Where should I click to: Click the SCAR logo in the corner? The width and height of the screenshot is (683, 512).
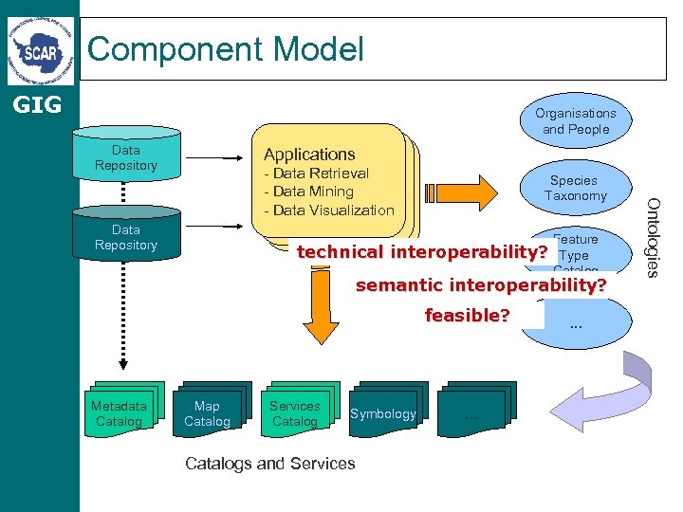[x=39, y=49]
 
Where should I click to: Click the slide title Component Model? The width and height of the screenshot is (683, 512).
[x=226, y=48]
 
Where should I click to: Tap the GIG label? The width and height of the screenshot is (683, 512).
[x=36, y=104]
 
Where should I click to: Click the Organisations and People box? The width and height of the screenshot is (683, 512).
[x=576, y=121]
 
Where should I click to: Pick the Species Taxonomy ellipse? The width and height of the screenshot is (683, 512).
[x=575, y=188]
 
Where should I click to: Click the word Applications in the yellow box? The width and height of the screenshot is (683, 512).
[x=309, y=154]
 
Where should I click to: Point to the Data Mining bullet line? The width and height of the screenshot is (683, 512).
[x=309, y=192]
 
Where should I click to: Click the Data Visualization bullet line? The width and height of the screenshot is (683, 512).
[x=329, y=210]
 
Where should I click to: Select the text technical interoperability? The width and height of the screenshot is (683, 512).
[x=422, y=252]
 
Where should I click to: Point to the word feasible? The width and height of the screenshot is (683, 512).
[x=467, y=315]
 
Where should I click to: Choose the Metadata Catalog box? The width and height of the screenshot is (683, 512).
[x=120, y=413]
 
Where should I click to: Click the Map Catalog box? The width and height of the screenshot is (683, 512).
[x=207, y=413]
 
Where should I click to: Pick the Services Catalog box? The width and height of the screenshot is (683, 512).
[x=295, y=413]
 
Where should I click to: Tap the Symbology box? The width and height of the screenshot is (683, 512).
[x=383, y=413]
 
